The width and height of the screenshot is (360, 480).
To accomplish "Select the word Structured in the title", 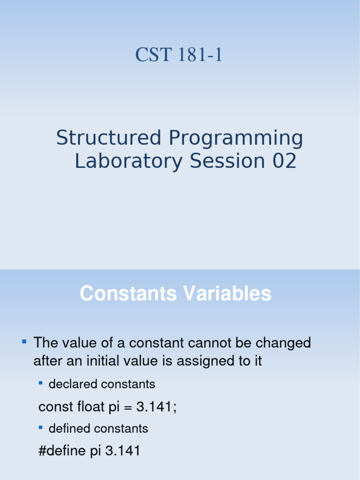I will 109,138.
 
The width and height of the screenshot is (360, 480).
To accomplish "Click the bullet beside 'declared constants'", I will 40,383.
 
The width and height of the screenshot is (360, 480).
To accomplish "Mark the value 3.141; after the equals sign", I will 157,407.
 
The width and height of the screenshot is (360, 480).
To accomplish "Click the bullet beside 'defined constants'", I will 40,427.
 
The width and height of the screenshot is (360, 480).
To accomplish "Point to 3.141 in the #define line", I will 123,451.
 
